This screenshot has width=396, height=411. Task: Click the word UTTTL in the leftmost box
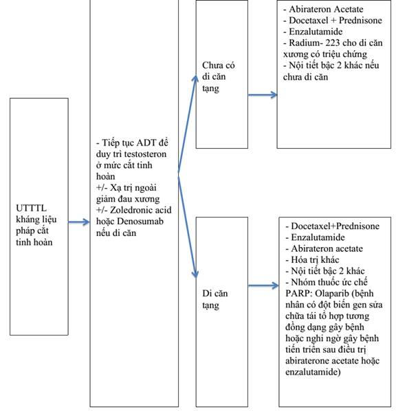(x=31, y=208)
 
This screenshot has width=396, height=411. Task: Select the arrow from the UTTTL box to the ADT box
(x=79, y=222)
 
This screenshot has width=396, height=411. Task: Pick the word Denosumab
(x=140, y=221)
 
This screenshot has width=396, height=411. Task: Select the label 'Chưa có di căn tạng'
(x=219, y=77)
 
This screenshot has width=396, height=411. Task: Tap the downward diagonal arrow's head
(x=195, y=273)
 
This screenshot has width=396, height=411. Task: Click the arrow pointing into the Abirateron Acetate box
(x=263, y=95)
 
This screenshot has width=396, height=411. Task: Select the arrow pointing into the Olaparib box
(x=263, y=285)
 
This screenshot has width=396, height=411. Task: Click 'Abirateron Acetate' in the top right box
(x=326, y=9)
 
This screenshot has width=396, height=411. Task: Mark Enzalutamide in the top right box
(x=316, y=32)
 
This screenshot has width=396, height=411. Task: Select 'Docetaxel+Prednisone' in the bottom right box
(x=335, y=226)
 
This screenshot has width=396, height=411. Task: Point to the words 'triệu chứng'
(x=343, y=54)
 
